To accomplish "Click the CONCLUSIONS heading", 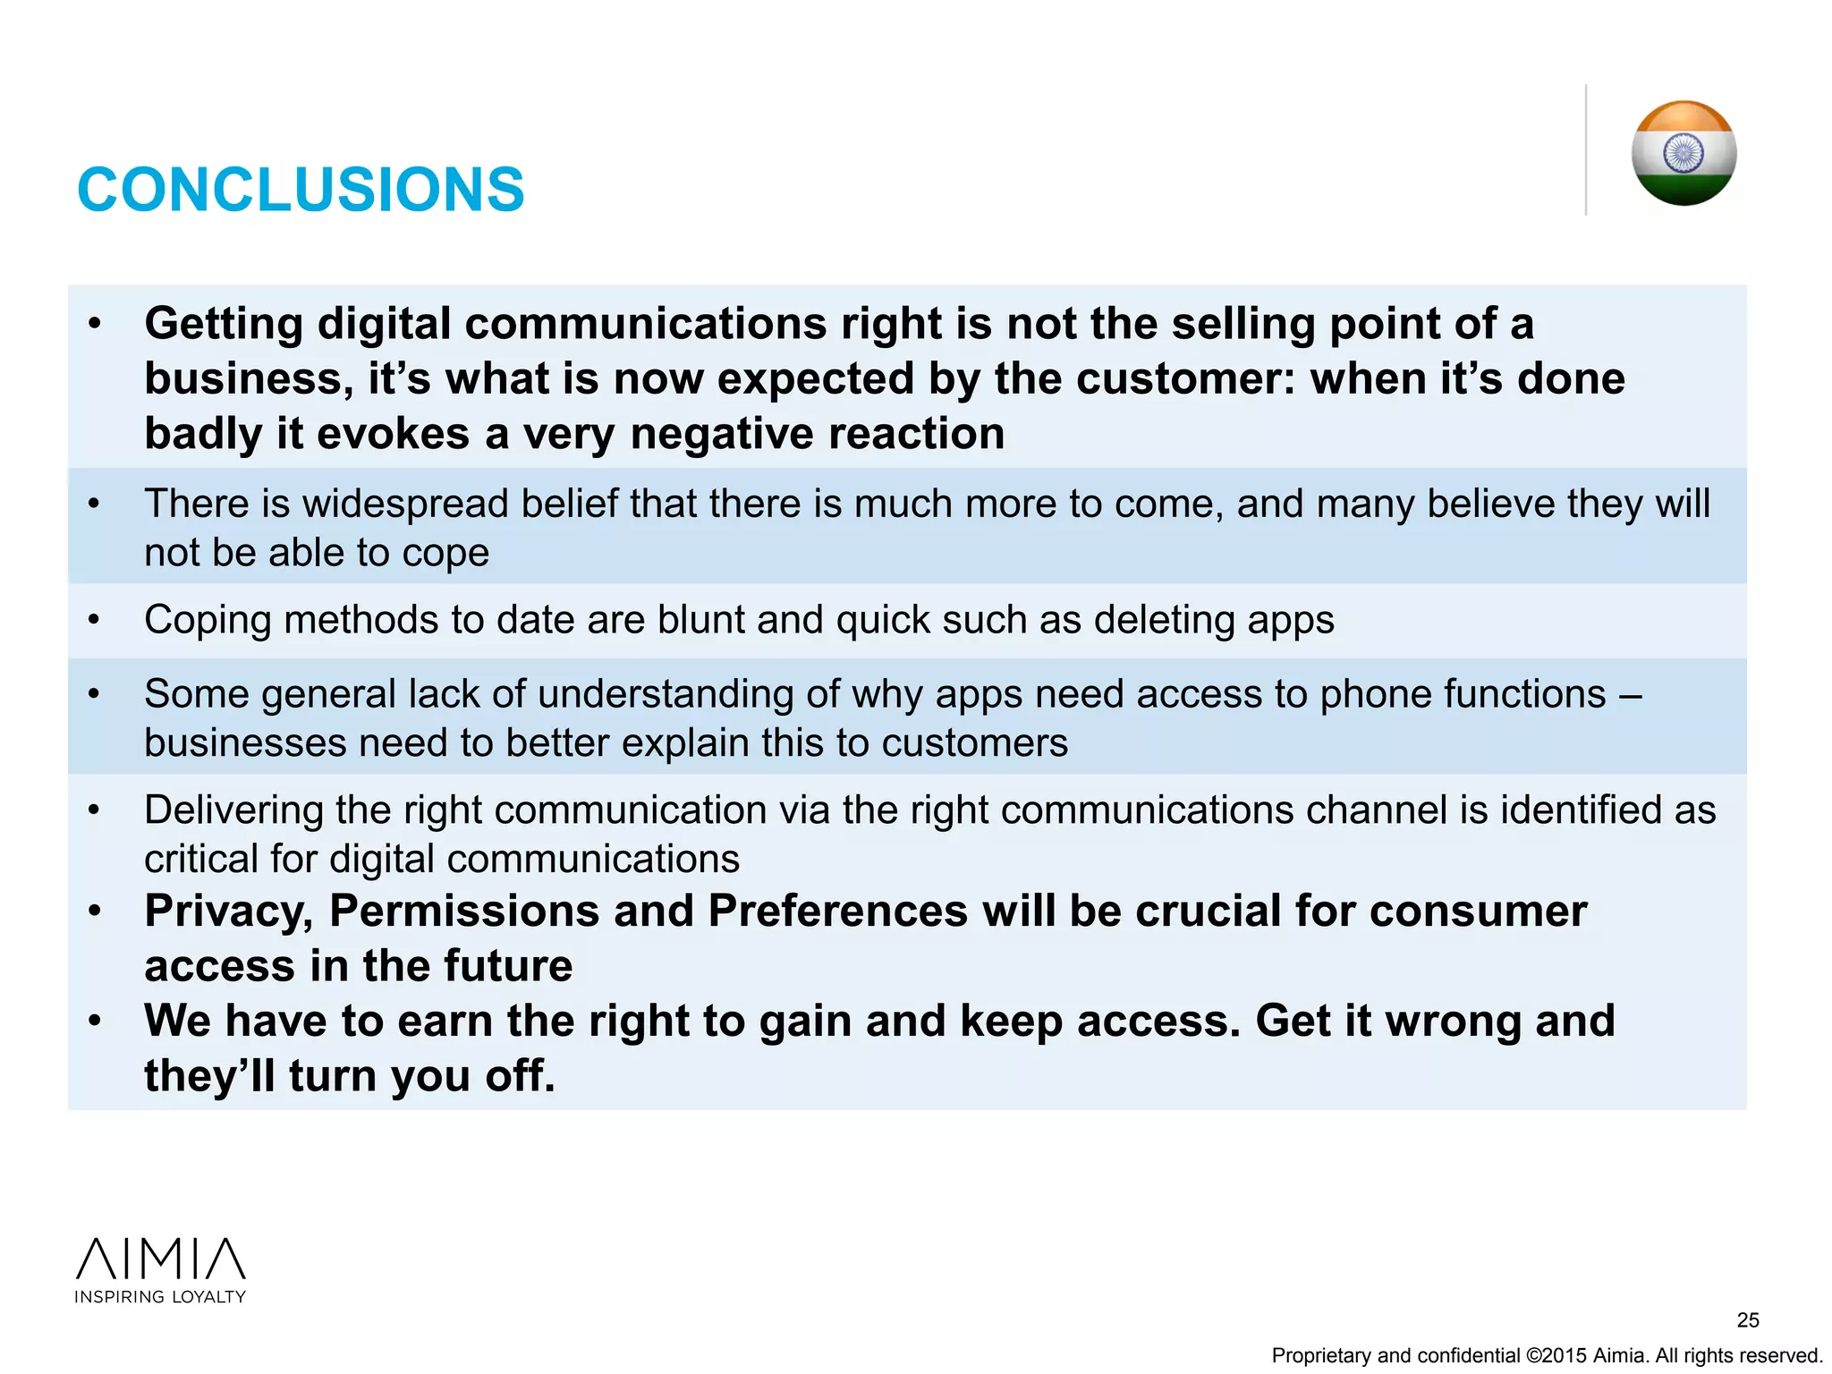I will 301,190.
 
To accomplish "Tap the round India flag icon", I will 1684,153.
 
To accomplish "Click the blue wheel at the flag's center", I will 1684,152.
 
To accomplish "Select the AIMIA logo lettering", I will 161,1259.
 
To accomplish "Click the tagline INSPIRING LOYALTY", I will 160,1297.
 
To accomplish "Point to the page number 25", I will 1748,1319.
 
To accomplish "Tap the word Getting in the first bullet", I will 224,324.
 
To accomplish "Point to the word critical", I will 200,860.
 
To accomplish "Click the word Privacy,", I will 229,912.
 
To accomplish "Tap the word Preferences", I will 837,912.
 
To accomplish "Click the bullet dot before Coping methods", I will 94,619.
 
